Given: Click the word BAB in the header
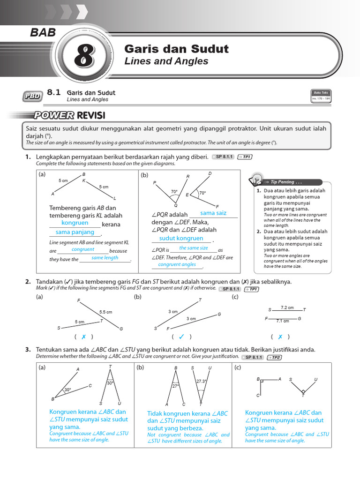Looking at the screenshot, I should click(43, 33).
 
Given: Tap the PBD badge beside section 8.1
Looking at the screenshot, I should click(31, 97).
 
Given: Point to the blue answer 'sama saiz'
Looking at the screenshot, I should click(213, 213).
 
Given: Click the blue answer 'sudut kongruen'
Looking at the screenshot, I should click(181, 238).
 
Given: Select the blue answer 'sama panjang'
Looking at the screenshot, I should click(75, 232).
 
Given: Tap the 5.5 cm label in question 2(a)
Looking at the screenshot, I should click(105, 312).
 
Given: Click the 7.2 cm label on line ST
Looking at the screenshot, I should click(287, 307).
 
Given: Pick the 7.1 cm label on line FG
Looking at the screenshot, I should click(282, 321).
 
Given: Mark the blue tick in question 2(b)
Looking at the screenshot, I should click(181, 337).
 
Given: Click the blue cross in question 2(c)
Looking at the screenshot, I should click(280, 337).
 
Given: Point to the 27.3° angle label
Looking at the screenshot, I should click(201, 381).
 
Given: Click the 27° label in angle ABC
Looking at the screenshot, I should click(176, 386).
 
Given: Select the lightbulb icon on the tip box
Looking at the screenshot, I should click(256, 179).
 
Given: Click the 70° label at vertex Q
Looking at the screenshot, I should click(174, 192).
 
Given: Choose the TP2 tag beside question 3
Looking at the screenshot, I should click(274, 357).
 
